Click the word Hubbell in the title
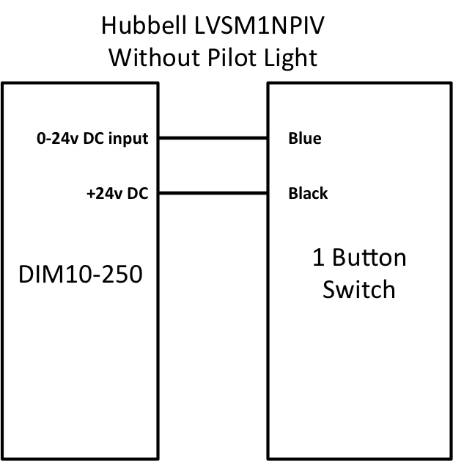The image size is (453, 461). tap(144, 25)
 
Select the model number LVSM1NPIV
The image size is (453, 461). tap(259, 25)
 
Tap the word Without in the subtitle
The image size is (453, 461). tap(155, 57)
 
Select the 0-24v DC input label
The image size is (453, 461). tap(92, 139)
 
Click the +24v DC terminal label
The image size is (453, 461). tap(117, 194)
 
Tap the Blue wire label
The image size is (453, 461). tap(305, 138)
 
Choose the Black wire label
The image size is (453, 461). tap(308, 193)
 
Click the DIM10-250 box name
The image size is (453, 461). tap(81, 274)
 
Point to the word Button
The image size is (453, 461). tap(369, 258)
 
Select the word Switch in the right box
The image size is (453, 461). tap(358, 289)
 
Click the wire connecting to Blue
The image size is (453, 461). tap(213, 138)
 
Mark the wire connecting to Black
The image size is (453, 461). tap(213, 193)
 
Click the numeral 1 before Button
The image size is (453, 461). tap(319, 258)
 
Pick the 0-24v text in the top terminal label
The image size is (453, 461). tap(58, 138)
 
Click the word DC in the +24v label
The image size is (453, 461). tap(138, 194)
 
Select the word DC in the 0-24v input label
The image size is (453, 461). tap(94, 138)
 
